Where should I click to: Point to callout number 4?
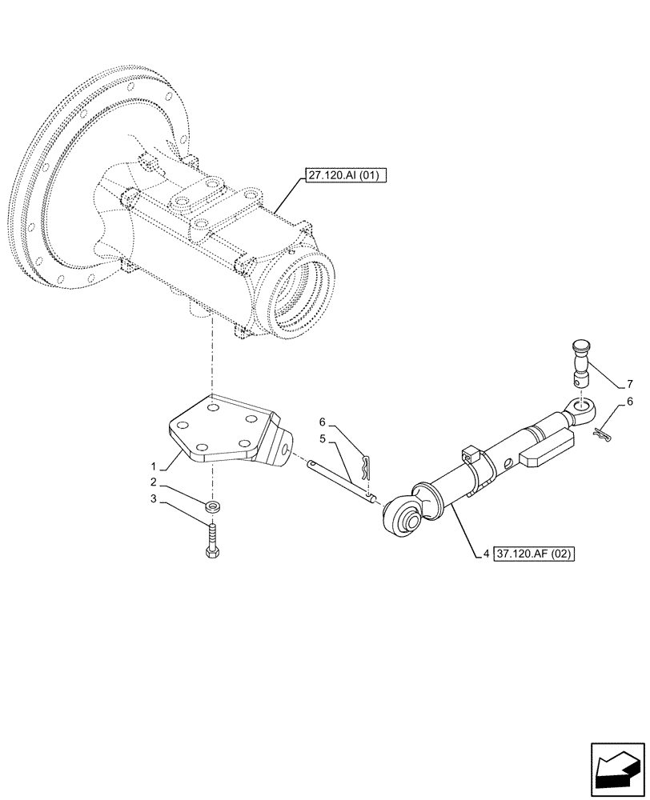(486, 553)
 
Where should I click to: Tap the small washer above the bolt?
(213, 506)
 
